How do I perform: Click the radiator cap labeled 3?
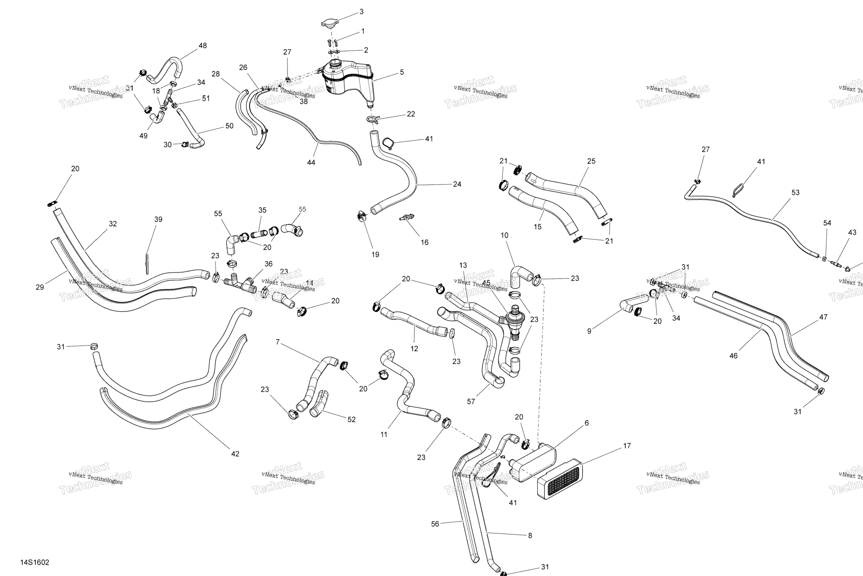coord(330,23)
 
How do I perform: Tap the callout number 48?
coord(202,46)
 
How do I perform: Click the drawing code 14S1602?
coord(35,562)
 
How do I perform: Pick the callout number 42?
coord(235,454)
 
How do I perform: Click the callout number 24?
coord(457,184)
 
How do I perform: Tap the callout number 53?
coord(795,192)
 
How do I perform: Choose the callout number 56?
coord(435,524)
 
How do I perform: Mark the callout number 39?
coord(158,219)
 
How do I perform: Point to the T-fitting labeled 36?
coord(240,285)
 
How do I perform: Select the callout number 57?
coord(471,402)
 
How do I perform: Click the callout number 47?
coord(823,317)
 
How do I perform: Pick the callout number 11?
coord(384,435)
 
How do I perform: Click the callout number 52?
coord(351,420)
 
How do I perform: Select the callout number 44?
coord(311,162)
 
